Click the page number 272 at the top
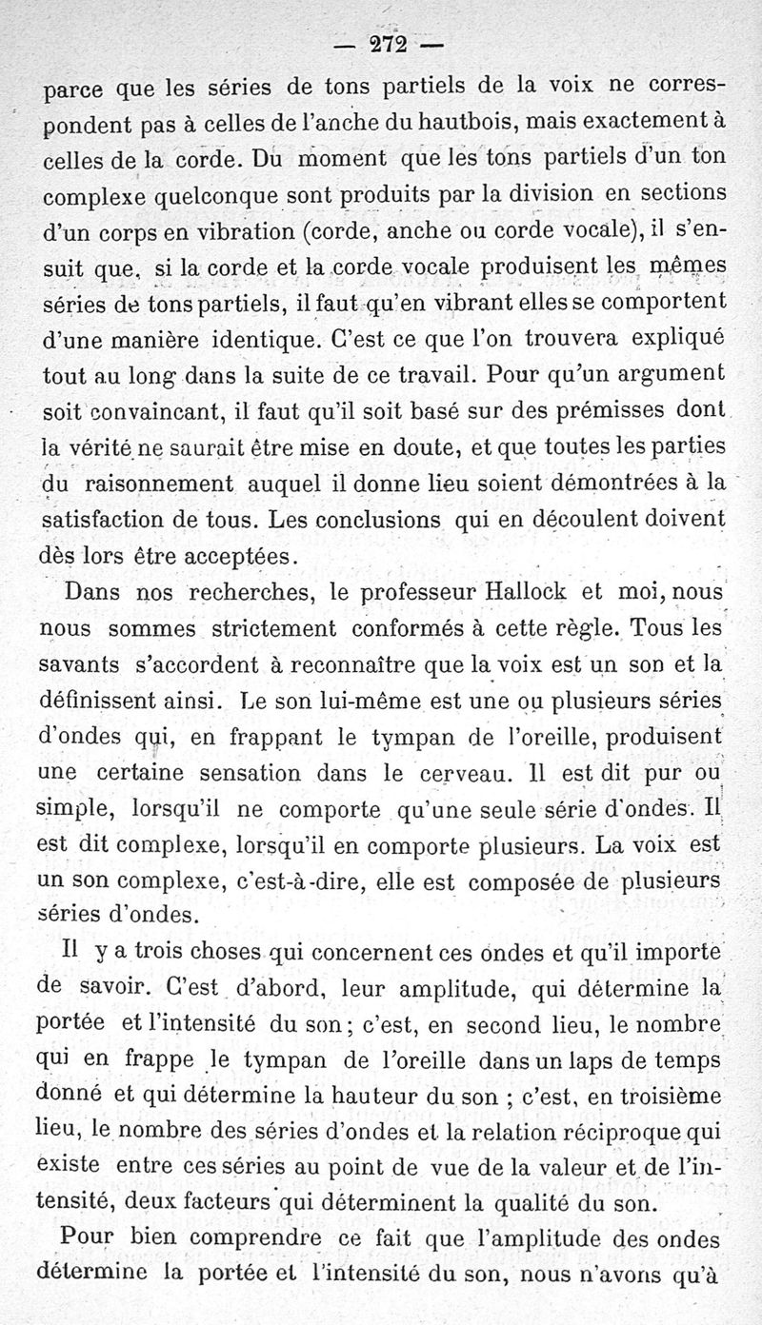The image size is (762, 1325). [381, 45]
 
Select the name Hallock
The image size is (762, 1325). [527, 591]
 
